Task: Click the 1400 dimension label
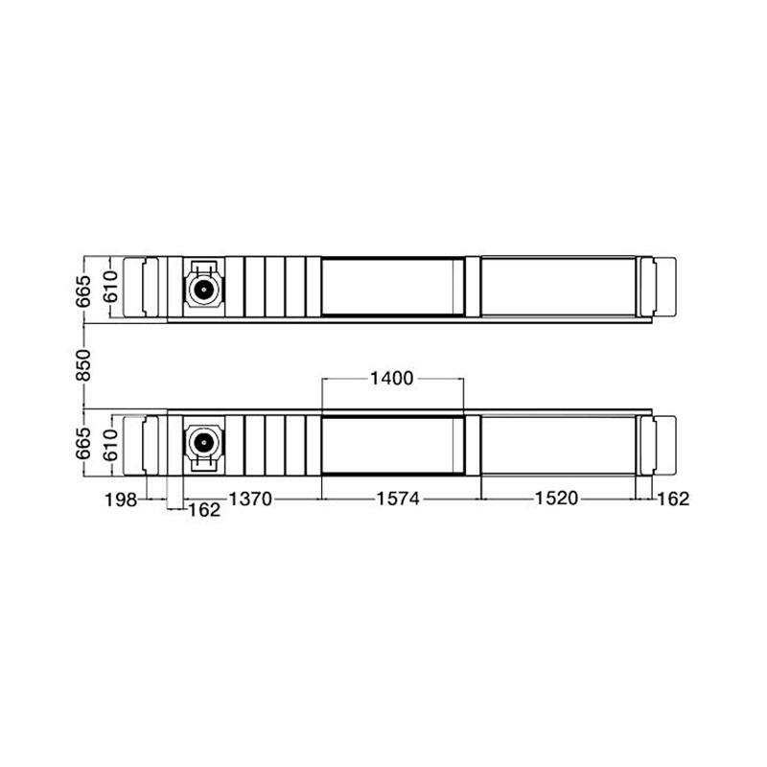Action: pos(391,378)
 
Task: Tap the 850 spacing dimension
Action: pos(83,365)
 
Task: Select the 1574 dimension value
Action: pos(398,499)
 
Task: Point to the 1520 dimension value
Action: pos(557,499)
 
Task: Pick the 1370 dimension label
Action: pos(250,499)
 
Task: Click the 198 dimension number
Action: pos(121,500)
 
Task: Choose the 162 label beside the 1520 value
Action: pos(673,499)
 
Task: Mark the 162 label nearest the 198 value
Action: pos(204,510)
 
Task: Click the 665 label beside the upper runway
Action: pos(83,291)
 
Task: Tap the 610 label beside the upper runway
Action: pos(110,287)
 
